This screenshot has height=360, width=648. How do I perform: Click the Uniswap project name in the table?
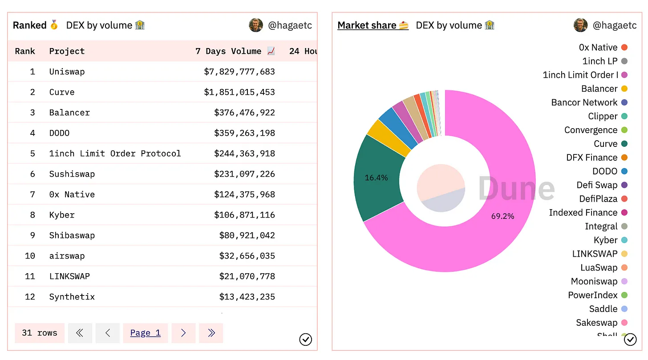(x=67, y=72)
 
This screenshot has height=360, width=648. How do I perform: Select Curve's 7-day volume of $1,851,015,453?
(x=239, y=92)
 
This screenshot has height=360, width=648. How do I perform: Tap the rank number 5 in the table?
(x=32, y=154)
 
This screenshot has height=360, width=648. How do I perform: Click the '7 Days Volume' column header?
(x=228, y=51)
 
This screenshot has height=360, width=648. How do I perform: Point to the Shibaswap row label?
(x=72, y=235)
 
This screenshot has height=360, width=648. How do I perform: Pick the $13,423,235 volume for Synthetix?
(x=247, y=297)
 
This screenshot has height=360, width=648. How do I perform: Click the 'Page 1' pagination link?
(x=145, y=333)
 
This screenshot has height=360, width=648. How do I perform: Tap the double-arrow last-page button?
(x=211, y=333)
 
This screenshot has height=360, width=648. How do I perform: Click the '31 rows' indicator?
(x=39, y=333)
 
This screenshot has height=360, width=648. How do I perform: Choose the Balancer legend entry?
(x=599, y=89)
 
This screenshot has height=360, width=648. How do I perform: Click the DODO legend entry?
(x=605, y=171)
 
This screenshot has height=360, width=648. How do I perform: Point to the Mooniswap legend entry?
(x=594, y=281)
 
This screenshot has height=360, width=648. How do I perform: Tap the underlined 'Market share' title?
(x=367, y=25)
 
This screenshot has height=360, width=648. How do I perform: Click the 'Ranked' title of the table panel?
(x=30, y=25)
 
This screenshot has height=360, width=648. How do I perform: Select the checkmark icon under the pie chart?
(x=630, y=340)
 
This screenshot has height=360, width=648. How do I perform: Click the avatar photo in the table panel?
(x=256, y=25)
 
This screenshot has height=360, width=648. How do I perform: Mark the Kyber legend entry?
(x=605, y=240)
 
